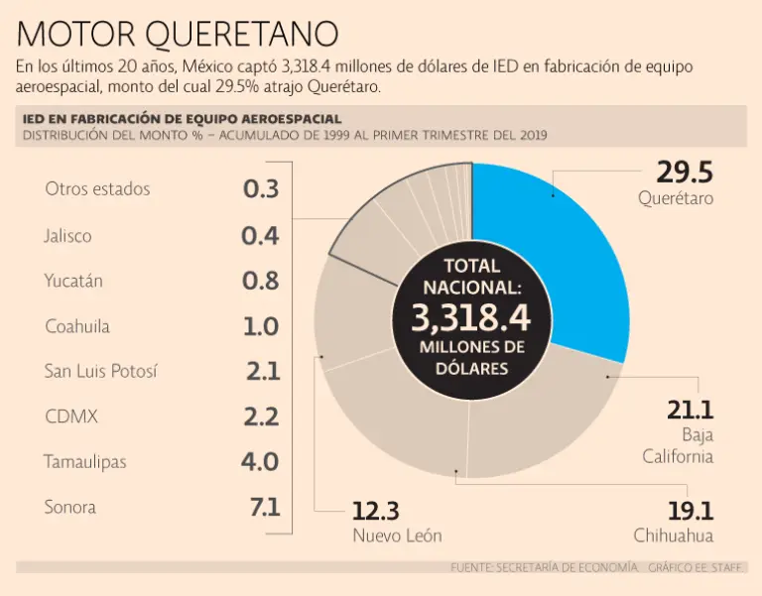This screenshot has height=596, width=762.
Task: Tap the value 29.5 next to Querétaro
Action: (x=685, y=172)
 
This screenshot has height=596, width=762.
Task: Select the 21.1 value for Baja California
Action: (x=691, y=411)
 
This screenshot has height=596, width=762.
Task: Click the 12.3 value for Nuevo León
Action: (x=375, y=512)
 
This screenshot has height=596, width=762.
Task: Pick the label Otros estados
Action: (x=97, y=188)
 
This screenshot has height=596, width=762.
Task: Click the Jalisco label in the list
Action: (x=67, y=236)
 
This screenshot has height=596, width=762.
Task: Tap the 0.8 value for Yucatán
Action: (x=261, y=281)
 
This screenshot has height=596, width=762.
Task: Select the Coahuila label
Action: (x=77, y=326)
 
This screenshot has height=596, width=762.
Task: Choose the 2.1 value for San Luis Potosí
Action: (x=263, y=372)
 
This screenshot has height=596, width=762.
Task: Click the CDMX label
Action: (x=71, y=417)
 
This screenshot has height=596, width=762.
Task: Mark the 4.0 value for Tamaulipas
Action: (x=260, y=461)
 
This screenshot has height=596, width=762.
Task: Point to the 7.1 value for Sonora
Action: (x=265, y=508)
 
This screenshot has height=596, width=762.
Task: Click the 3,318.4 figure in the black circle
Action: (x=471, y=317)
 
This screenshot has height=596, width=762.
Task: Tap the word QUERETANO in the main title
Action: (x=241, y=35)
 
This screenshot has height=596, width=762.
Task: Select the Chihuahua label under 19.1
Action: (x=674, y=536)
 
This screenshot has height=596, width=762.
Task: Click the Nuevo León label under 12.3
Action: (x=397, y=536)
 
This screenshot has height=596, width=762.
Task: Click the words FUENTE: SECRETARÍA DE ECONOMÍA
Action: (x=545, y=567)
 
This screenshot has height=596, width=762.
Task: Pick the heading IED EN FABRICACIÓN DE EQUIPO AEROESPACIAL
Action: (x=182, y=119)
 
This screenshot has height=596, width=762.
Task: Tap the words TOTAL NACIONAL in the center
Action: (x=471, y=276)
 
